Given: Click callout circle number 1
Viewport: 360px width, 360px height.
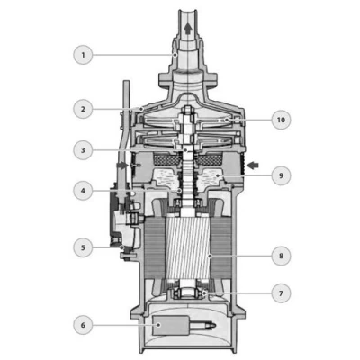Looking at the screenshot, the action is click(x=83, y=55).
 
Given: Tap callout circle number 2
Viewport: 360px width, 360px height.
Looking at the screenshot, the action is click(x=83, y=109).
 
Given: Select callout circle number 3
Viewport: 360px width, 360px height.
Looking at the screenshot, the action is click(x=83, y=150).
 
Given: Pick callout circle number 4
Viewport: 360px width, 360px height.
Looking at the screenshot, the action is click(x=83, y=191).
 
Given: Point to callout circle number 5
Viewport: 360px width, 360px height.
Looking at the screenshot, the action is click(x=83, y=247).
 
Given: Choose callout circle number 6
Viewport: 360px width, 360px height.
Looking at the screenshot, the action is click(x=83, y=325).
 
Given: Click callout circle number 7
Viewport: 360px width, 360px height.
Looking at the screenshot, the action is click(x=281, y=293).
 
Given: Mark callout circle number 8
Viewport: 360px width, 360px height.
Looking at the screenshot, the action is click(x=281, y=256).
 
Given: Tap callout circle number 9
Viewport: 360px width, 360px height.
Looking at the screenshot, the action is click(x=281, y=175).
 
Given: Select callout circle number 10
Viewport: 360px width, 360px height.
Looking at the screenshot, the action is click(x=281, y=120).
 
